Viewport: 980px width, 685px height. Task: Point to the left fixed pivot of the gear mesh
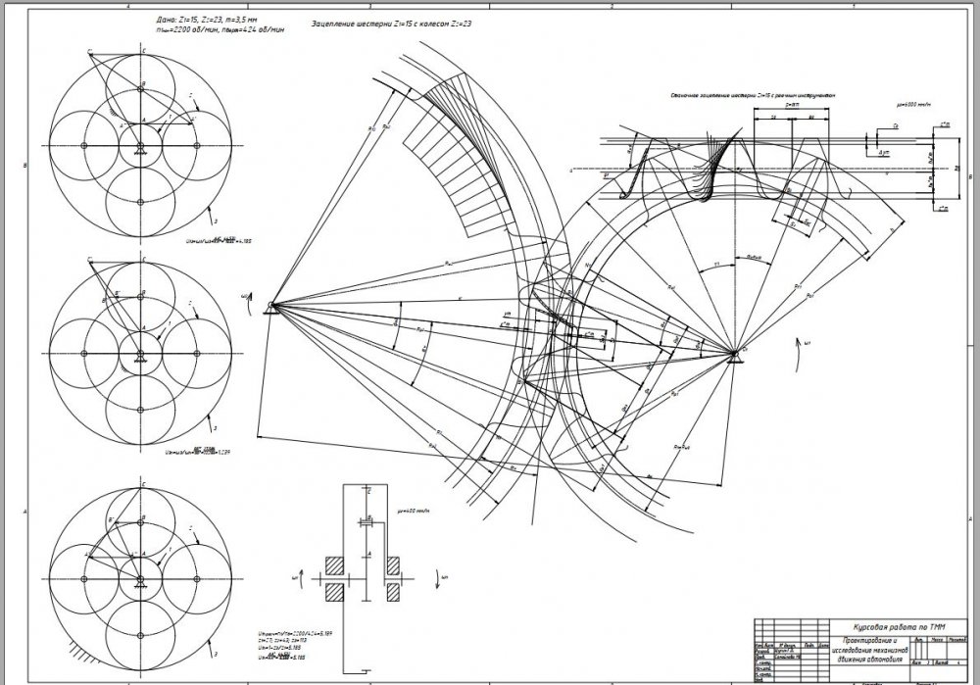point(269,307)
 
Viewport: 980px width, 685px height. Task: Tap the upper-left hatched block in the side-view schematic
point(334,565)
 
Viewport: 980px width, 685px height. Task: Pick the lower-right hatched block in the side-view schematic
point(394,591)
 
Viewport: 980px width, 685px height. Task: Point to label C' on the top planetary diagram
point(88,49)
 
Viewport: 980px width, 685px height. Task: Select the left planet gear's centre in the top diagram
point(84,145)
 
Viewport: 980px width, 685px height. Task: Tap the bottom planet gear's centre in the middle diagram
point(141,411)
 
